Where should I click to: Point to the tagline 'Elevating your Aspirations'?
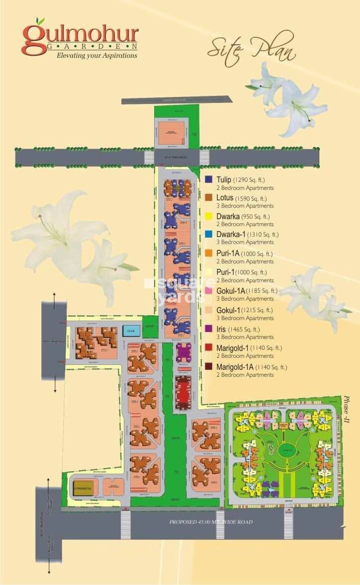click(x=96, y=56)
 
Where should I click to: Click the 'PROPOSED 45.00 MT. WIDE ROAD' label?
click(x=211, y=522)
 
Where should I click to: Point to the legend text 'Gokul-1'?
click(x=228, y=310)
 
